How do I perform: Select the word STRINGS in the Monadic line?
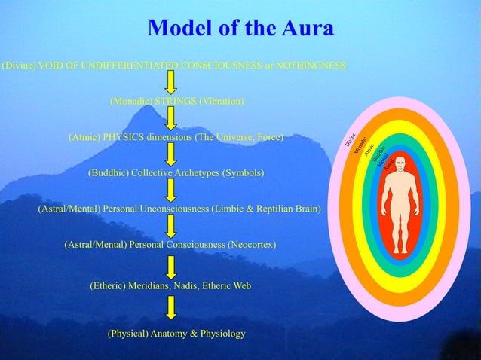(x=175, y=101)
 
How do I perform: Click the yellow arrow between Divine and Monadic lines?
(x=172, y=82)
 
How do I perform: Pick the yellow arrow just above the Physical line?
(x=172, y=307)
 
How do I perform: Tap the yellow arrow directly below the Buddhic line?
(x=172, y=190)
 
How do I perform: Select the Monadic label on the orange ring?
(x=360, y=144)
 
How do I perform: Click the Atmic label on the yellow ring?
(x=369, y=150)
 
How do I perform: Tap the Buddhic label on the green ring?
(x=379, y=154)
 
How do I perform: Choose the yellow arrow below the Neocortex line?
(x=172, y=267)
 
